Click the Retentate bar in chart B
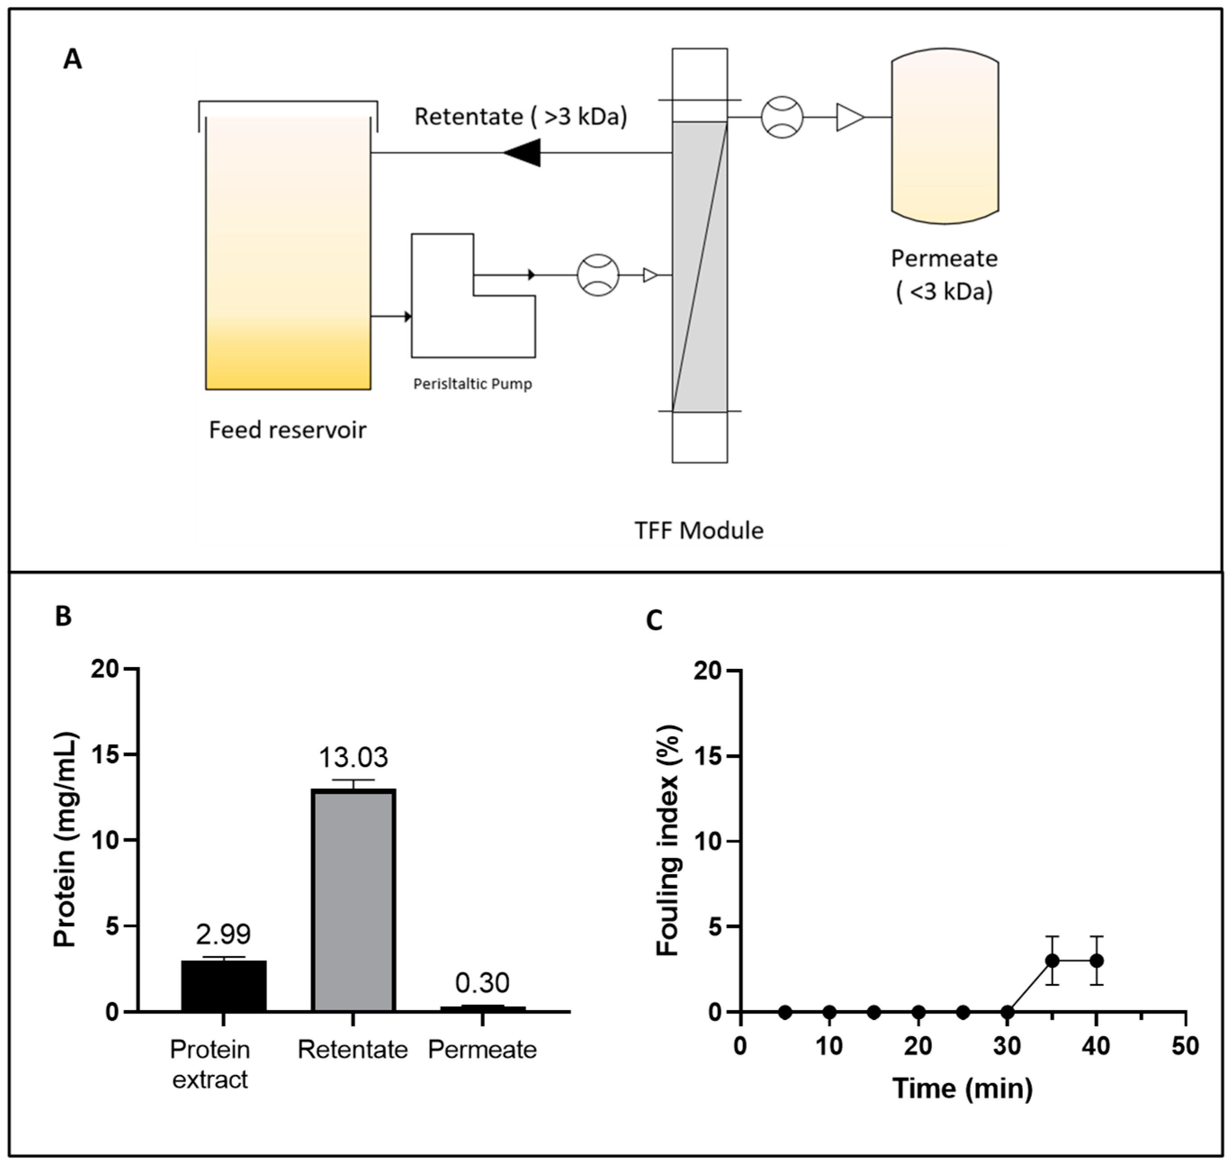[353, 901]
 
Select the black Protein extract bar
[224, 986]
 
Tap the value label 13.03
[353, 757]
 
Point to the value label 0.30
[482, 983]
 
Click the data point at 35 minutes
[1052, 961]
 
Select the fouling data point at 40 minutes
[1097, 961]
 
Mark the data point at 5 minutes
[785, 1012]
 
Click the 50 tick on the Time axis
[1185, 1047]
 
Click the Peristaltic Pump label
[472, 384]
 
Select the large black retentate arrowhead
[523, 152]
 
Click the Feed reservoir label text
[287, 430]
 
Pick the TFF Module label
[699, 530]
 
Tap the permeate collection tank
[945, 135]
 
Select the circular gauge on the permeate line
[782, 116]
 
